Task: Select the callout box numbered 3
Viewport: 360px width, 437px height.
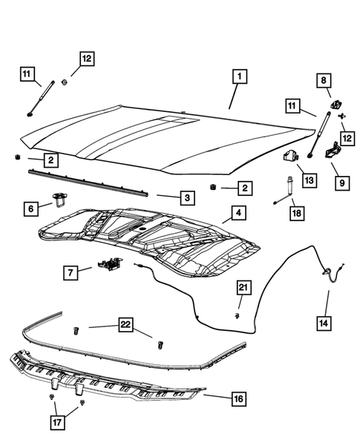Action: point(188,197)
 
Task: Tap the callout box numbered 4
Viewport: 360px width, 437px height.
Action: point(238,214)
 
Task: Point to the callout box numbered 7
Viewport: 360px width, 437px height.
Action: point(69,274)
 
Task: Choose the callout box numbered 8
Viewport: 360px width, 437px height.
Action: point(324,79)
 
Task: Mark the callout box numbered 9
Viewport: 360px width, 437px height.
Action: point(342,182)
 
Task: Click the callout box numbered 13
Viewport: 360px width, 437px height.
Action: point(309,180)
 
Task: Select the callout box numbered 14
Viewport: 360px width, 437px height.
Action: point(324,323)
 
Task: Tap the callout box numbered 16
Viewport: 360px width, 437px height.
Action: point(237,398)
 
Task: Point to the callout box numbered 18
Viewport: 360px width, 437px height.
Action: point(295,213)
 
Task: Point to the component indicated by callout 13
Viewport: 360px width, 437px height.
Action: point(289,157)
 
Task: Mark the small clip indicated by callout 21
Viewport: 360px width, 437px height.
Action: point(236,315)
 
